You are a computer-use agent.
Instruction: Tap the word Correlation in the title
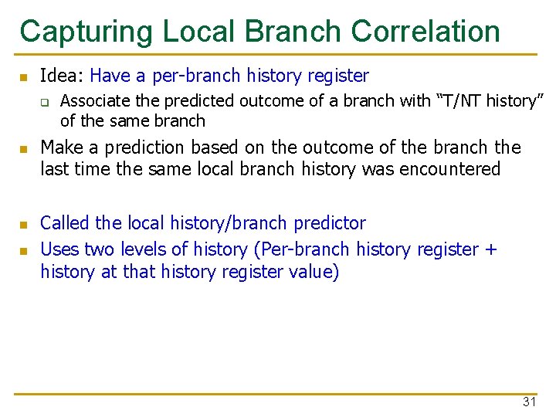coord(425,32)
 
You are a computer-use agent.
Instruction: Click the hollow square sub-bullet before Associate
coord(45,101)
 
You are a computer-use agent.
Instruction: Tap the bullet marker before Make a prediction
coord(24,148)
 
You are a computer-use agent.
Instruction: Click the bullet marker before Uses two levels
coord(24,250)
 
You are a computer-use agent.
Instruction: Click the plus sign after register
coord(491,250)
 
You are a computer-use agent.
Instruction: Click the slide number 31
coord(529,402)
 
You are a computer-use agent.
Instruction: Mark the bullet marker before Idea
coord(24,77)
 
